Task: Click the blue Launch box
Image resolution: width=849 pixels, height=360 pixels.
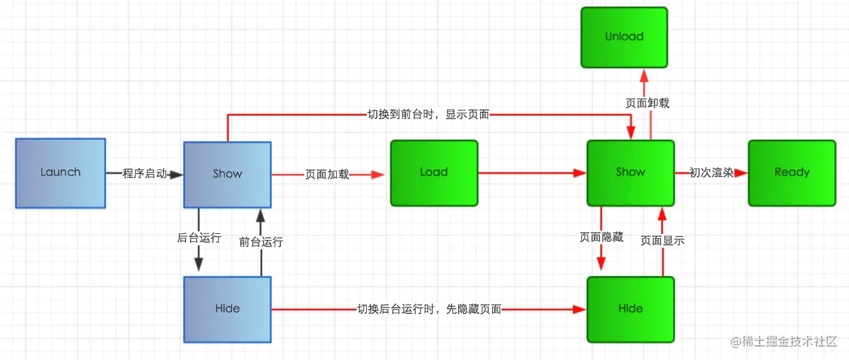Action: (x=60, y=173)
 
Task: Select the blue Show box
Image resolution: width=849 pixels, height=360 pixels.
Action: (x=227, y=174)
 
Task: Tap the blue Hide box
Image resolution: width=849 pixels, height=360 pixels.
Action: (x=227, y=309)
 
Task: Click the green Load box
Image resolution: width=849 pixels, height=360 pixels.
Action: (x=434, y=173)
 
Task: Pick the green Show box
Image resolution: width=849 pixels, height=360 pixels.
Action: (x=630, y=173)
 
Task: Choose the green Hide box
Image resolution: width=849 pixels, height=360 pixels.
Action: (x=630, y=309)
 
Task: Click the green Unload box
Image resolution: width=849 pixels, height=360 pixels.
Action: (x=624, y=37)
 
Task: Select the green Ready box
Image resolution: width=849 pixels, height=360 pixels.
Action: (x=792, y=173)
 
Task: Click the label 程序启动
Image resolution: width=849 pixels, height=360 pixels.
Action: (x=145, y=174)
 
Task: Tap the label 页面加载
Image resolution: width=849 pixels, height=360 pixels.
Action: (x=327, y=175)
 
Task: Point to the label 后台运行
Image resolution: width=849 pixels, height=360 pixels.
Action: (x=199, y=238)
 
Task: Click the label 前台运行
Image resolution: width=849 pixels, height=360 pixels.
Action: (x=261, y=241)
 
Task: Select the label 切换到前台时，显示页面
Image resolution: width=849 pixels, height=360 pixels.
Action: (x=429, y=115)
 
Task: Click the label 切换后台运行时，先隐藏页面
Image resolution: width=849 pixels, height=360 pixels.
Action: (x=429, y=309)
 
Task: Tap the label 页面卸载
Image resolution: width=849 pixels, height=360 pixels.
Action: (x=647, y=103)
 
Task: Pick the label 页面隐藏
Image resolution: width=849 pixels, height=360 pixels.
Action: (x=602, y=237)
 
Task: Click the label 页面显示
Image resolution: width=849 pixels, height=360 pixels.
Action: (x=662, y=241)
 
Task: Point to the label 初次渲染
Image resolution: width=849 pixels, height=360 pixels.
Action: (x=711, y=173)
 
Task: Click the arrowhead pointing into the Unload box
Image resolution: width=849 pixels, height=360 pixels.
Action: (x=644, y=73)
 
